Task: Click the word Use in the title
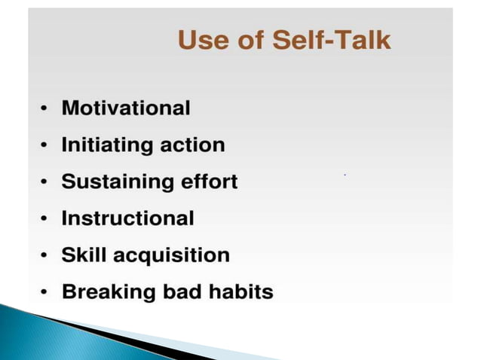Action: (x=202, y=41)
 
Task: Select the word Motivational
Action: (x=126, y=108)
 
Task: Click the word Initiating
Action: (x=106, y=145)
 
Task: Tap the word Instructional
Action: (x=127, y=218)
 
